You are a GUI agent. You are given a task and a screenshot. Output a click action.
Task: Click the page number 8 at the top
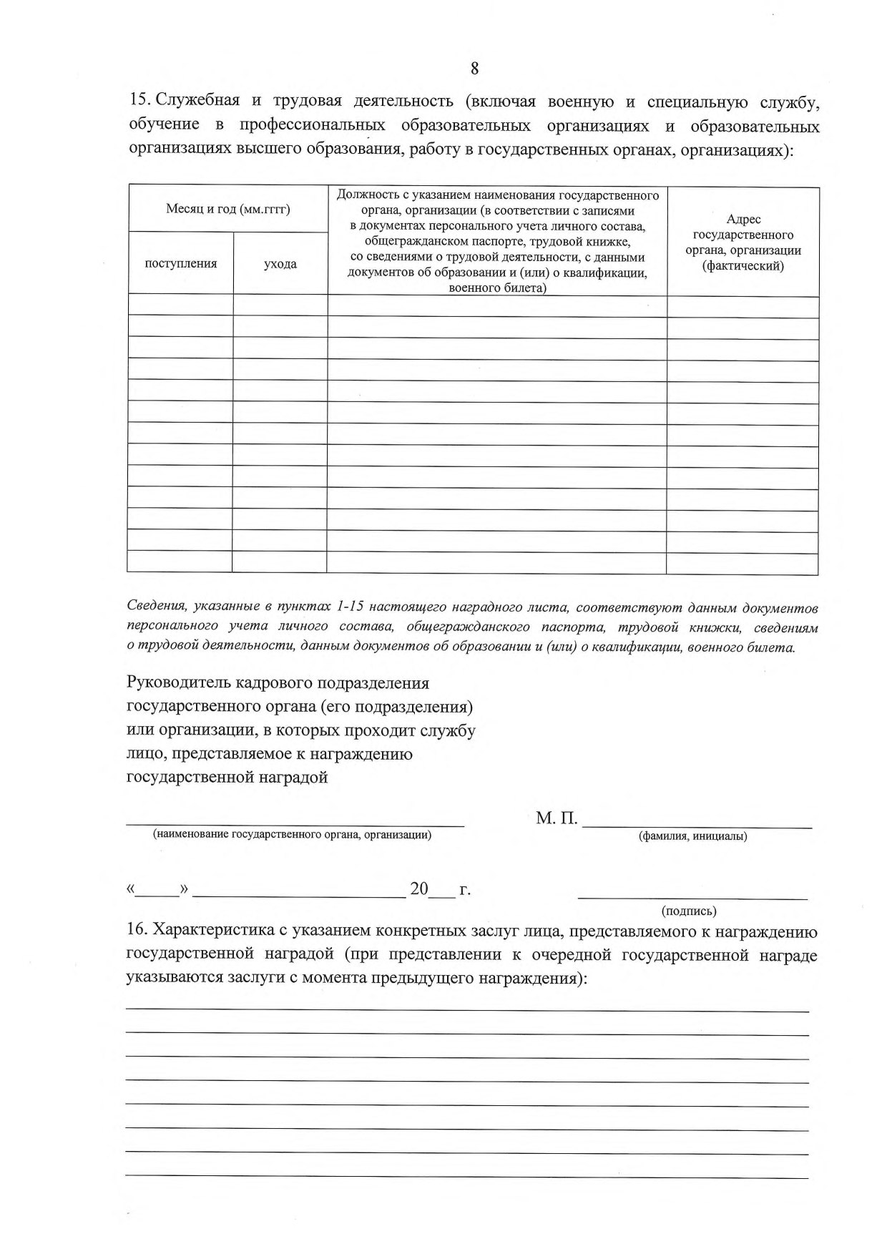[474, 69]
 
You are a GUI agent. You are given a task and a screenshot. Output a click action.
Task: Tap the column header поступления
[181, 263]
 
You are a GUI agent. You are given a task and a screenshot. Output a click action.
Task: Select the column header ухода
[280, 263]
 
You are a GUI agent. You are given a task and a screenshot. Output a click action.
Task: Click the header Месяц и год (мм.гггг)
[227, 209]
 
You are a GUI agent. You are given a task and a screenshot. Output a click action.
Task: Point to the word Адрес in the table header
[743, 220]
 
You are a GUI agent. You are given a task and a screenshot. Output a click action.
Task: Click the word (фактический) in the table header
[743, 265]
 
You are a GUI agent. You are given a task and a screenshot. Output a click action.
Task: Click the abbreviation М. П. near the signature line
[557, 818]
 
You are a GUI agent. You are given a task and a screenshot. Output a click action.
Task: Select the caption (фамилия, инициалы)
[692, 836]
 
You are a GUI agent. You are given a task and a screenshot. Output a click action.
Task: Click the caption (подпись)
[690, 911]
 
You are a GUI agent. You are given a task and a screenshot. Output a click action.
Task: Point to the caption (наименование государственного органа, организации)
[293, 834]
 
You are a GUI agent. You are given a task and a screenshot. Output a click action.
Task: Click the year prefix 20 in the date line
[418, 889]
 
